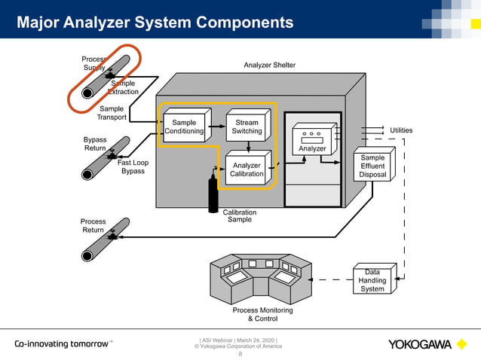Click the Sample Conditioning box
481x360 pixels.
(184, 127)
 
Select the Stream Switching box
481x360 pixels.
(247, 127)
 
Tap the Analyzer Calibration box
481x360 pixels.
(247, 169)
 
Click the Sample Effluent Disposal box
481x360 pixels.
(372, 166)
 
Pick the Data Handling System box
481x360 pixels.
(372, 280)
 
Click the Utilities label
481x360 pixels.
(400, 130)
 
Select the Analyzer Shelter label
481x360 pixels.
(270, 66)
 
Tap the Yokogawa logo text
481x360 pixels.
(420, 345)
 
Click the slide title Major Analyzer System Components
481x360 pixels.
(155, 23)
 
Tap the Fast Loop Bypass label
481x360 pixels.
(133, 166)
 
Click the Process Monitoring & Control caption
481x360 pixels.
(262, 314)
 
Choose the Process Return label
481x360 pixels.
(93, 226)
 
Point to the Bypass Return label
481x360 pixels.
(94, 144)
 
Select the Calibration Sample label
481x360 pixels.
(240, 216)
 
